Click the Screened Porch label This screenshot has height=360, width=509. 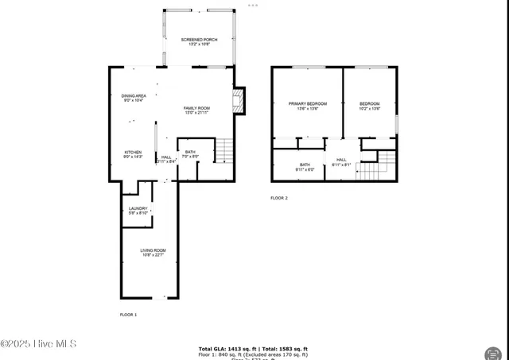198,41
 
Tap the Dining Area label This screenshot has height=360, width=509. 134,99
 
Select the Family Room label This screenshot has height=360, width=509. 196,110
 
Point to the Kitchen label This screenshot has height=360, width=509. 132,154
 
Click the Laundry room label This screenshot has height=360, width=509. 138,211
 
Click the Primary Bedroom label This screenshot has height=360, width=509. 307,106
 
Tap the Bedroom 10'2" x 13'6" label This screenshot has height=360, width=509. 369,106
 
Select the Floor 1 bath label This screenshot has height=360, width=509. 191,154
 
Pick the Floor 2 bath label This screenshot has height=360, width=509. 305,167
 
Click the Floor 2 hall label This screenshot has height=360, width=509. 341,162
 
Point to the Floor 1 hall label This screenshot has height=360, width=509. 166,159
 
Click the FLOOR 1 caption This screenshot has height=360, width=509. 129,315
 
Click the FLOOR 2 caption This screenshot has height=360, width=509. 279,198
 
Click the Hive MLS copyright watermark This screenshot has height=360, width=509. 38,343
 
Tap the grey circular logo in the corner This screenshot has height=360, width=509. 492,351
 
